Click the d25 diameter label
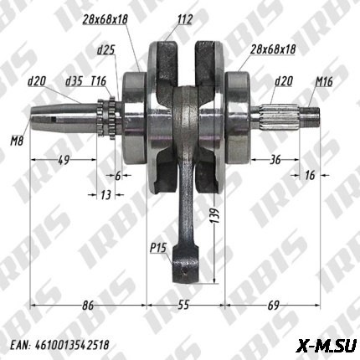105,51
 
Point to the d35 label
74,82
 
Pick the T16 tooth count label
99,82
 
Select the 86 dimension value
88,307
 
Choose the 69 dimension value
273,307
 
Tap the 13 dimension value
105,194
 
